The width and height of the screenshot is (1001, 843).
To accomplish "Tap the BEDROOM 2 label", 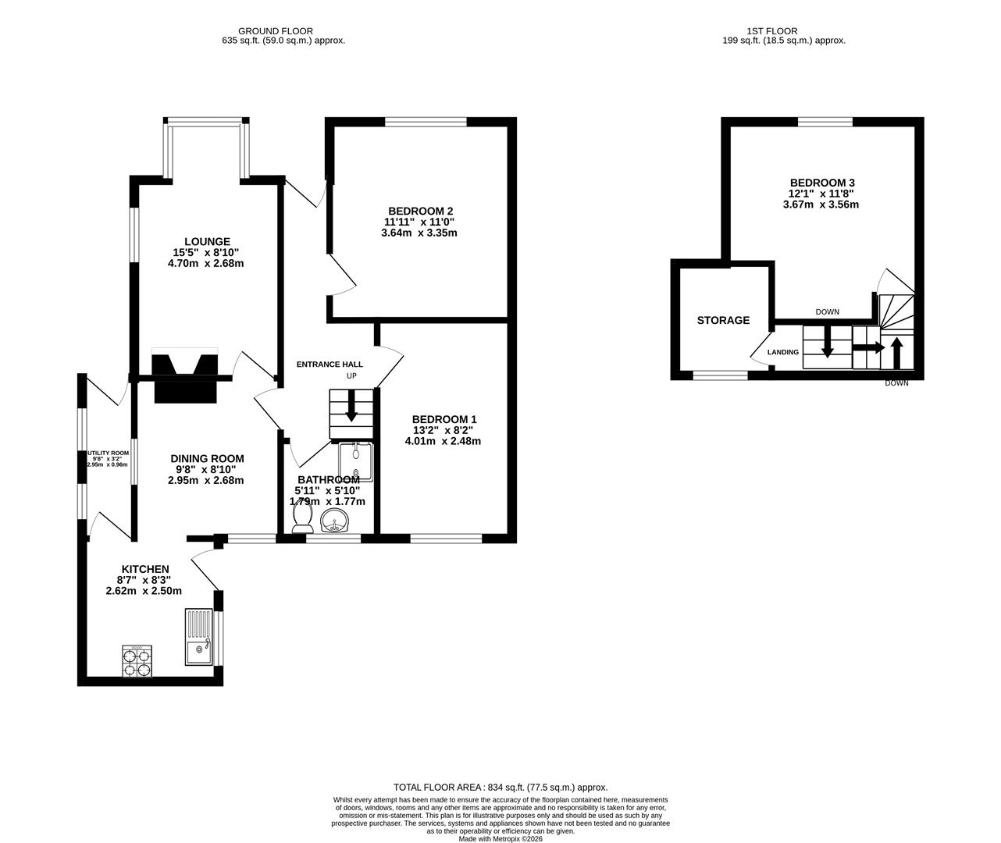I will tap(421, 211).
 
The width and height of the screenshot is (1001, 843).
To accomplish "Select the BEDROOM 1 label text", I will tap(444, 419).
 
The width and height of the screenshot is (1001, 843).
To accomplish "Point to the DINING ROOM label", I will tap(207, 459).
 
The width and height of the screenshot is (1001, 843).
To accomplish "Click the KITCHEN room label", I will tap(145, 569).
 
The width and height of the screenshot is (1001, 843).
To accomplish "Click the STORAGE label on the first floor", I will tap(723, 320).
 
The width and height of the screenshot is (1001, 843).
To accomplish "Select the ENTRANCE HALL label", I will tap(330, 365).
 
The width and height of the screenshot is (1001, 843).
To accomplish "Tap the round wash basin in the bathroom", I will tap(337, 520).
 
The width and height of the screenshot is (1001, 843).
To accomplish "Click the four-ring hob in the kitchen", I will tap(137, 662).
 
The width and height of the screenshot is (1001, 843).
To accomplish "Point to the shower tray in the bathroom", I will tap(357, 461).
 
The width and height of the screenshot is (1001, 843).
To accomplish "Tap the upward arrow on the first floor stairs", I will tap(896, 352).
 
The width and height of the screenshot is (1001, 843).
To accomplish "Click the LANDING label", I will tap(783, 352).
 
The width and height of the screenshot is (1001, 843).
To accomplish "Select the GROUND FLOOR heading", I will tap(283, 30).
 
